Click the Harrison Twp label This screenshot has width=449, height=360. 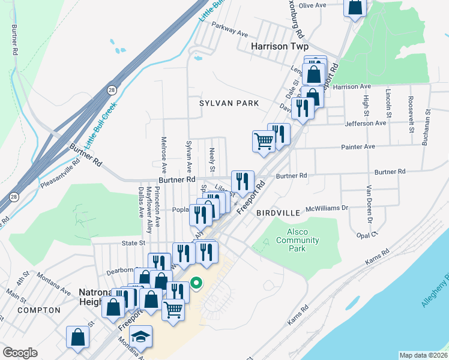(279, 46)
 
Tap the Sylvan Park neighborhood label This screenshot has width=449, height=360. (229, 103)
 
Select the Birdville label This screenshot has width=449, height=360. (277, 213)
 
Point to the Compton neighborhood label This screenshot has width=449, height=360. (39, 310)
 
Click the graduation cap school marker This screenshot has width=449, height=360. (141, 337)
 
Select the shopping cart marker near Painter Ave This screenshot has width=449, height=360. (264, 142)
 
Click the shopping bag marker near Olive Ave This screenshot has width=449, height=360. (355, 7)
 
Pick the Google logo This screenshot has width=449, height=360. (20, 353)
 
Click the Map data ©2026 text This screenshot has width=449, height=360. (423, 355)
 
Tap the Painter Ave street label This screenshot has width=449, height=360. (358, 146)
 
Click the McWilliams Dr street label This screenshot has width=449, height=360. (327, 208)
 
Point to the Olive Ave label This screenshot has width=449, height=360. (312, 5)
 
